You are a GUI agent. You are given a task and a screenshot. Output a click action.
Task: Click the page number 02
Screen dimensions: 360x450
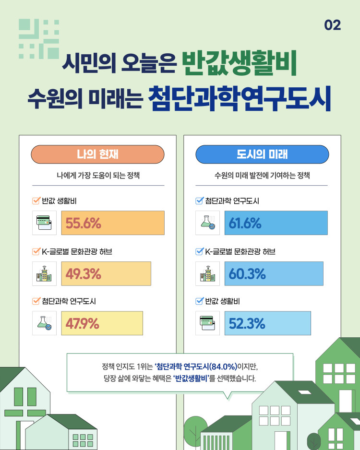333,25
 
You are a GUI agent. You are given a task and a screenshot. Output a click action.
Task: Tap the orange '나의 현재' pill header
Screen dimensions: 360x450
97,154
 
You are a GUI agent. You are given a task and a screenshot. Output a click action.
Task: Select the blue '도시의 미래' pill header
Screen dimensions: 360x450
262,154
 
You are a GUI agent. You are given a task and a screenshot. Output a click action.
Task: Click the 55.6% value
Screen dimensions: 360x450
83,223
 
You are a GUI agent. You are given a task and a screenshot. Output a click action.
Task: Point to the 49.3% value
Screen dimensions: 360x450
83,274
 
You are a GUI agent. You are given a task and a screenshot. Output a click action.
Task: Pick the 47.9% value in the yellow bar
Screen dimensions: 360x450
83,323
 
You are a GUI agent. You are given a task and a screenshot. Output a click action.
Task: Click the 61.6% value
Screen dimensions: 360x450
245,223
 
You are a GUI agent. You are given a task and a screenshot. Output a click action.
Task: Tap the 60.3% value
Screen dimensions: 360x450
247,274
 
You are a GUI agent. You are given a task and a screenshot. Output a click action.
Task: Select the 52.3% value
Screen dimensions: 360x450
247,323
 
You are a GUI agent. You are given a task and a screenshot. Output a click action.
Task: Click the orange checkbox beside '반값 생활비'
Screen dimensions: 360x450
36,201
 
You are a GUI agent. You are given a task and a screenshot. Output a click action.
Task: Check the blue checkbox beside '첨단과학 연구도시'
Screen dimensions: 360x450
200,201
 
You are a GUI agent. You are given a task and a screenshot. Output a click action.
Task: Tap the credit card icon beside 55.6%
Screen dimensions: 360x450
44,223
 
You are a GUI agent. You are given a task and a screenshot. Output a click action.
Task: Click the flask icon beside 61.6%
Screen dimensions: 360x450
207,223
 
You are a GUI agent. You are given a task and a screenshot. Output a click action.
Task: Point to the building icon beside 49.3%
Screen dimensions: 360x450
44,273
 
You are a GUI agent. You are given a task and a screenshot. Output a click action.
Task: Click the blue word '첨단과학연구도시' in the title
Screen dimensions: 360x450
240,98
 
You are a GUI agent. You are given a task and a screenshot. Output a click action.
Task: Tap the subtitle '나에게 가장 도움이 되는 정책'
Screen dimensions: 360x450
98,175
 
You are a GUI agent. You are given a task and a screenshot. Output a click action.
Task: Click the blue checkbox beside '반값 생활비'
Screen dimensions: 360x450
200,301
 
